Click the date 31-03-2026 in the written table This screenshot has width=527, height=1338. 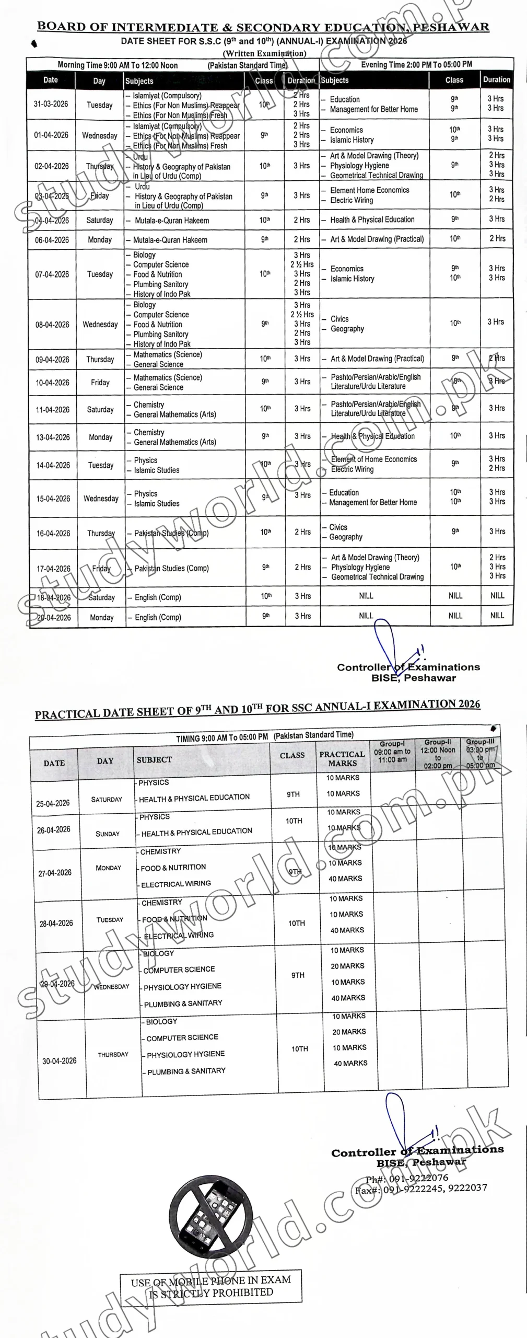[x=51, y=104]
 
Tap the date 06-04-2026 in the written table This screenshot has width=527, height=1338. [x=52, y=240]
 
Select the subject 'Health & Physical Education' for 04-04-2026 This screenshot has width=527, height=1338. [x=372, y=220]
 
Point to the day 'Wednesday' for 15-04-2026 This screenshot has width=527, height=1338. [x=101, y=499]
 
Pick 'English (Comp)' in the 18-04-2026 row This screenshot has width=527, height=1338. [x=158, y=597]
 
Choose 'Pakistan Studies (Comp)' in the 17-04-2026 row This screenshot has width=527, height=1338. [x=171, y=568]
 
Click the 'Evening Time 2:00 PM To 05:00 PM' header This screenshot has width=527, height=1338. [x=416, y=64]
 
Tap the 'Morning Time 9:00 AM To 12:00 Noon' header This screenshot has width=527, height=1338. [x=118, y=65]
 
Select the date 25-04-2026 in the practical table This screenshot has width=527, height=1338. [x=53, y=803]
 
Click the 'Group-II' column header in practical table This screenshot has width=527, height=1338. [x=438, y=754]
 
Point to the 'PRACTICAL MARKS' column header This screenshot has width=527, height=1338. [x=342, y=759]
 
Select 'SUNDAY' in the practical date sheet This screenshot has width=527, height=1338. [x=108, y=834]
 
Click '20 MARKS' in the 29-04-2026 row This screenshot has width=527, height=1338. [x=347, y=966]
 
